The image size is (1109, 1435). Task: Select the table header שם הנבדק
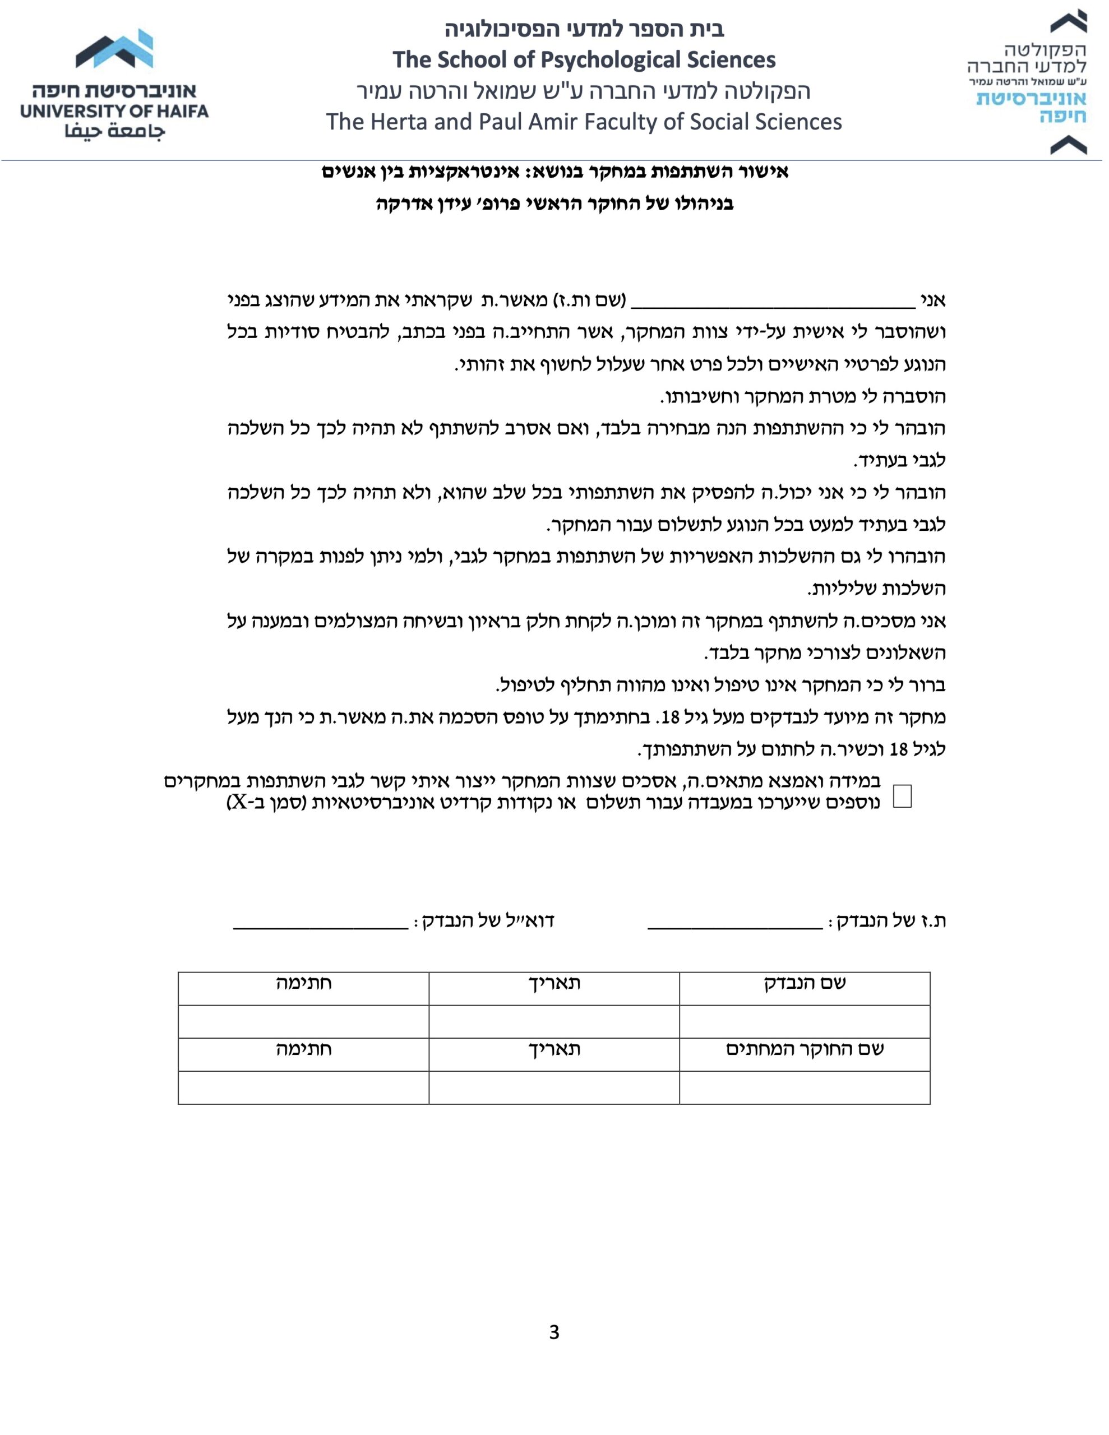(805, 983)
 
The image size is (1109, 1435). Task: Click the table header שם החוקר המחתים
(805, 1049)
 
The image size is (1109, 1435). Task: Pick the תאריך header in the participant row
(554, 983)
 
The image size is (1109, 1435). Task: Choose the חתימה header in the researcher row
(303, 1049)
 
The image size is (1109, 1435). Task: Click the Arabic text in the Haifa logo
(114, 131)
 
